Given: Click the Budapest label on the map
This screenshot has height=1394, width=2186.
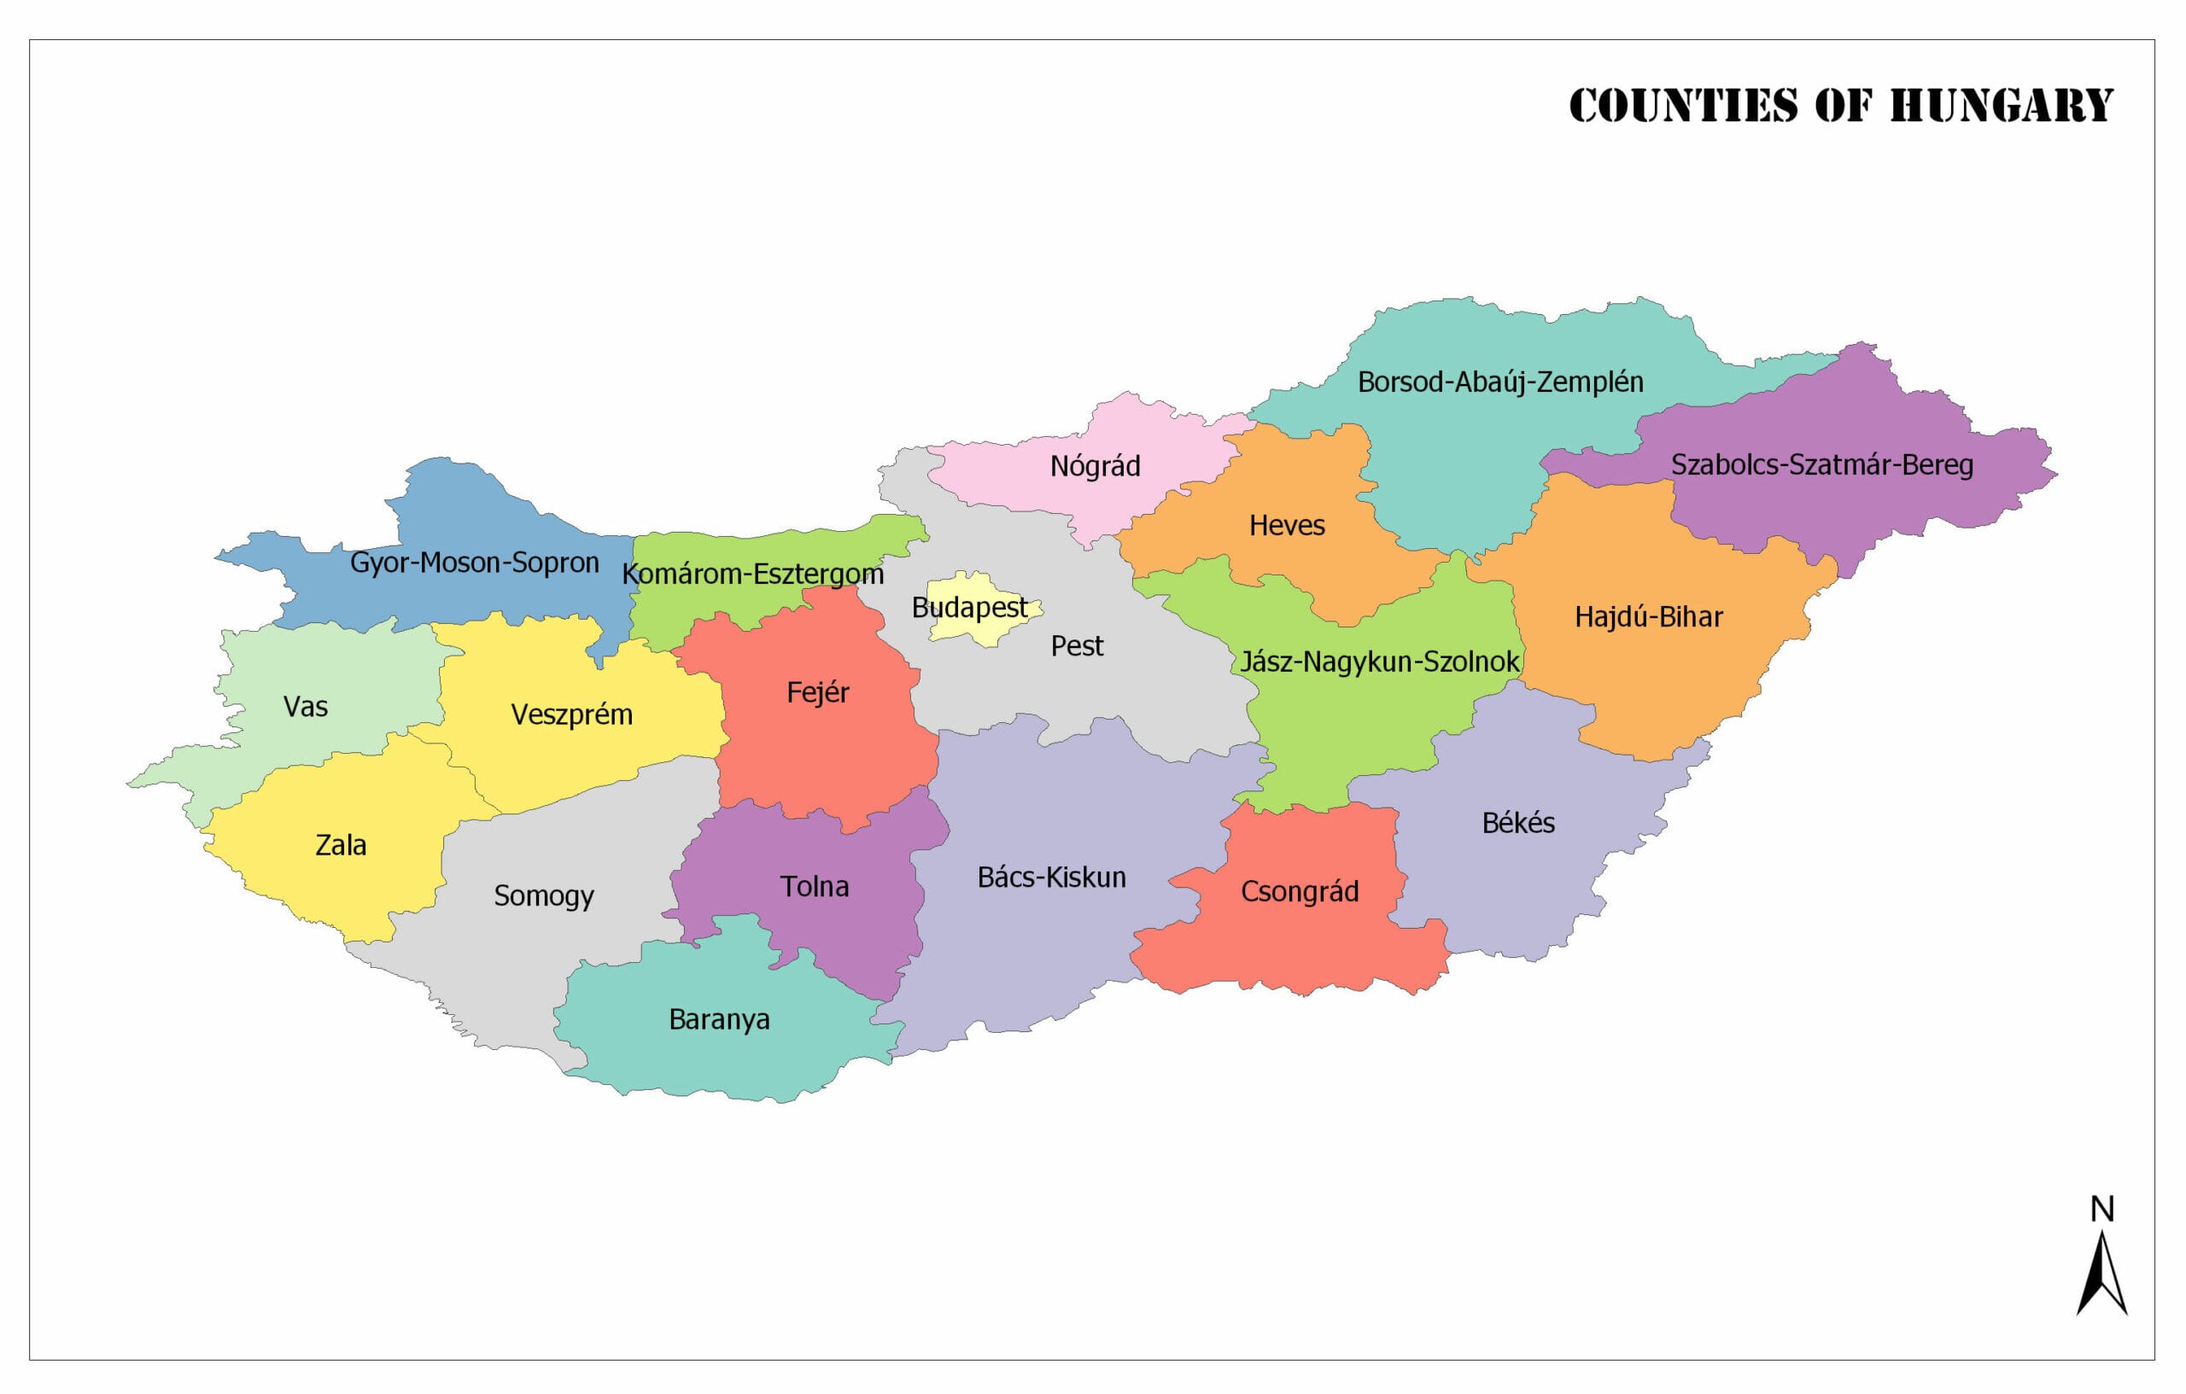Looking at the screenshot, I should [968, 608].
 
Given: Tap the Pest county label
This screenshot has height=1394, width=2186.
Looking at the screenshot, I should [1077, 646].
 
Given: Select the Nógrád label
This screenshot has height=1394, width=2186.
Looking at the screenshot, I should [1095, 466].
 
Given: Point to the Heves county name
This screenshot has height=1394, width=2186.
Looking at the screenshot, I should [1286, 526].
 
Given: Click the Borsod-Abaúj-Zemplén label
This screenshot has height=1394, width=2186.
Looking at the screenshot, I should [1499, 382].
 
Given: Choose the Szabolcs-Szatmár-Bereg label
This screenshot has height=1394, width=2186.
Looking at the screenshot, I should [1821, 464].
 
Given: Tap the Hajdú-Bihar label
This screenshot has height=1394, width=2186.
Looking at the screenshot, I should [1648, 617].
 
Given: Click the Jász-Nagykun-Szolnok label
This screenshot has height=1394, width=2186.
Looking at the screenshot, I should [1379, 662].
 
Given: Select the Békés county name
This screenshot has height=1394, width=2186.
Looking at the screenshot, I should [1518, 823].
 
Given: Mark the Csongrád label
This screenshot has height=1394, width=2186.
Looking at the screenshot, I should [1299, 892].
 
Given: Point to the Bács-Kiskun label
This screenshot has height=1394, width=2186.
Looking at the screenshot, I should [1051, 878].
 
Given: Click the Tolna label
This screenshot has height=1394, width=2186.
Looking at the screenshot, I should [815, 887].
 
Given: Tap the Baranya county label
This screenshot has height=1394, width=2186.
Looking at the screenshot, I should [719, 1020].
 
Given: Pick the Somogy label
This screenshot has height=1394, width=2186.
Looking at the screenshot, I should [543, 896].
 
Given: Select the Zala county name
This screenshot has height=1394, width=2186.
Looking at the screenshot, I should [341, 846].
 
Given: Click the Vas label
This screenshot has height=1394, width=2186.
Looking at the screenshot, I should [305, 707].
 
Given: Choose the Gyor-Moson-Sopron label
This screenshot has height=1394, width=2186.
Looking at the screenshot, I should [474, 563].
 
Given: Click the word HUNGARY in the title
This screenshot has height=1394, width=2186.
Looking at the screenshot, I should [2001, 105].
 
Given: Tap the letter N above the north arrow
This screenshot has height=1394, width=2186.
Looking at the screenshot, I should [2102, 1209].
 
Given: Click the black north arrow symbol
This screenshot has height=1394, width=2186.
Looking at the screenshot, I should [2101, 1275].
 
